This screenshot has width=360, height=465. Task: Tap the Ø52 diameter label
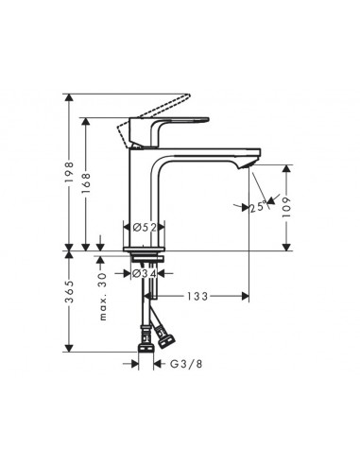tap(145, 227)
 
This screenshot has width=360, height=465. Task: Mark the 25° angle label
tap(256, 207)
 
